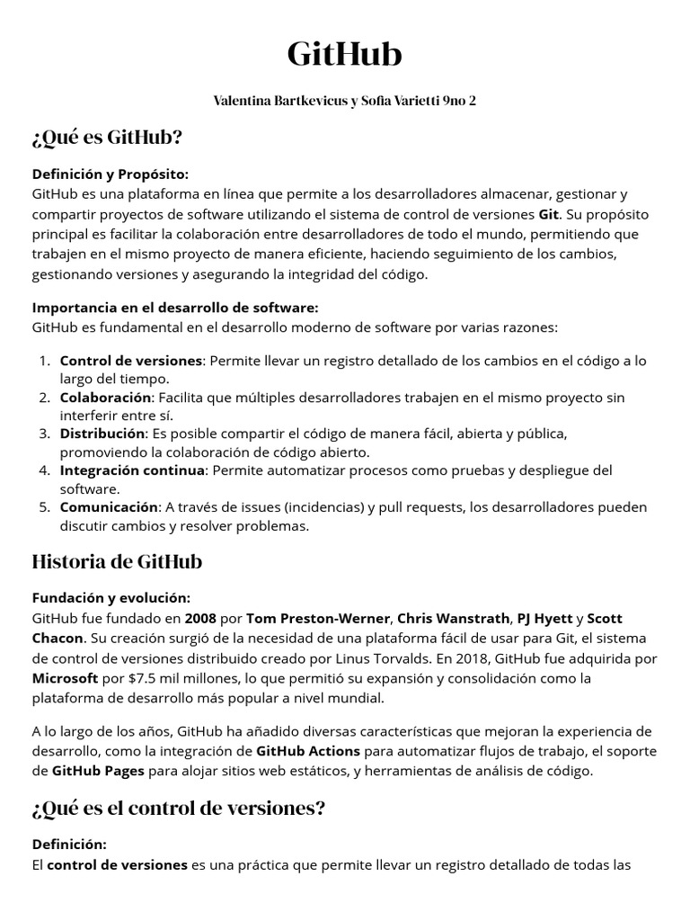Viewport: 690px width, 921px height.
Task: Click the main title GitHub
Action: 345,56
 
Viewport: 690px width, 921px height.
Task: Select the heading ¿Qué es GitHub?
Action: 107,138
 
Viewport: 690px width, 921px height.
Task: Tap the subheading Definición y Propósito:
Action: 111,174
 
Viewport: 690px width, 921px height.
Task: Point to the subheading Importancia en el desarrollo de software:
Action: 175,308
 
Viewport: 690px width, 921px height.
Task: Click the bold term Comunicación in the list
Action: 110,506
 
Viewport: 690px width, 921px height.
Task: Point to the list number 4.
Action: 44,470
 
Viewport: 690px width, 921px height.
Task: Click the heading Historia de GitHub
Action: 117,562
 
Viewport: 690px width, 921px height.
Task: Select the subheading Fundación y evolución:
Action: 111,598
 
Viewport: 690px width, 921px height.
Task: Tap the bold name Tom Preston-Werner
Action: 318,619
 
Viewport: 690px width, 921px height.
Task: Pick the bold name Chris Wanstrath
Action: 453,619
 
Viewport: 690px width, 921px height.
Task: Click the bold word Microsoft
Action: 68,677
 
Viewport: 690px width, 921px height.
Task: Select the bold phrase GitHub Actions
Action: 308,751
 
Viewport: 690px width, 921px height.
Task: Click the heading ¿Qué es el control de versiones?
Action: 178,809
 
